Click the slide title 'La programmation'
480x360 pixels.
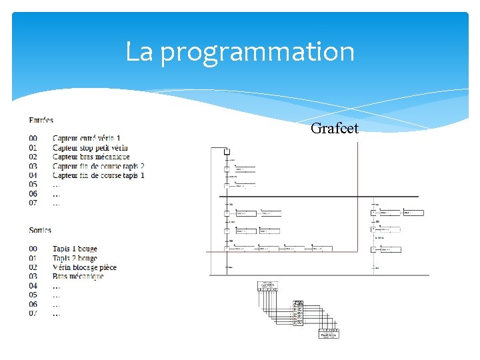(x=240, y=52)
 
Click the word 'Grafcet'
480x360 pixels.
(x=335, y=128)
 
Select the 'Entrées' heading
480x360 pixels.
(x=41, y=120)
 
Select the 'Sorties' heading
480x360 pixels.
(x=40, y=230)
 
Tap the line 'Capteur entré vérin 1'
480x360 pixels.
(x=87, y=138)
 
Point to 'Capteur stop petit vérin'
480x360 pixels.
(x=90, y=147)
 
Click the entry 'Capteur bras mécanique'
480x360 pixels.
(x=91, y=157)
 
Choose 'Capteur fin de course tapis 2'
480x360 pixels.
(x=98, y=166)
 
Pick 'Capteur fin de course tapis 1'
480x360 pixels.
(x=98, y=175)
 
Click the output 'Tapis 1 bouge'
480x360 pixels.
(x=75, y=249)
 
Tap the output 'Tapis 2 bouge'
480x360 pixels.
(x=75, y=258)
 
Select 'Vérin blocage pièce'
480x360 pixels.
(x=85, y=267)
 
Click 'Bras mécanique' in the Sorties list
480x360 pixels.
(x=78, y=277)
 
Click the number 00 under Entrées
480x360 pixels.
(x=33, y=138)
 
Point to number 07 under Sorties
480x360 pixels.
(x=33, y=313)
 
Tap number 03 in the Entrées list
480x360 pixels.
(x=33, y=166)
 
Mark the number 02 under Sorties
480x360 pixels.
(x=33, y=267)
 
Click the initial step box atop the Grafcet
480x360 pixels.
(x=227, y=151)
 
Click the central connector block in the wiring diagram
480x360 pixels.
(x=298, y=313)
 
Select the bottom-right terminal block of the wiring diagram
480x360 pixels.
(x=329, y=333)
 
